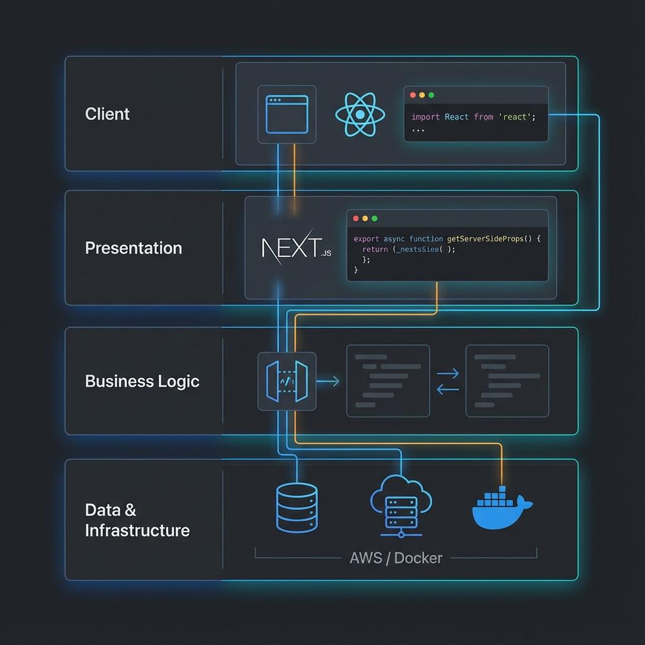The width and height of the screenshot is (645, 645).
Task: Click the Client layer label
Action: coord(107,114)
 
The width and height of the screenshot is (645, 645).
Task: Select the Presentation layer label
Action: coord(134,248)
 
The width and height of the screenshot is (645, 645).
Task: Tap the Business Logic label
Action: coord(142,381)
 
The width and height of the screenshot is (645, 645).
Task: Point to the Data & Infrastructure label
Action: coord(137,520)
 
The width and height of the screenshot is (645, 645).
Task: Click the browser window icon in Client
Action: coord(287,115)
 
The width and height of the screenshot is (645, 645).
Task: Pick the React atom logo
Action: coord(359,115)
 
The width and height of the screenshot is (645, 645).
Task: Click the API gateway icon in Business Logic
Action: coord(287,381)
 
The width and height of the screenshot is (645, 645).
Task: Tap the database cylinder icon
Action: coord(297,508)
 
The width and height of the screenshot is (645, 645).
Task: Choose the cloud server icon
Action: coord(401,506)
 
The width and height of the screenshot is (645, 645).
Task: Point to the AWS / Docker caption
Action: coord(396,558)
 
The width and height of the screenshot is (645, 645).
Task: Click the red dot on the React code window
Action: coord(413,95)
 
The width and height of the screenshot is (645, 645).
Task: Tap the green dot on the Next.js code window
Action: coord(374,219)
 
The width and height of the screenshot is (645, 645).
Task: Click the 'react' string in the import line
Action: coord(515,117)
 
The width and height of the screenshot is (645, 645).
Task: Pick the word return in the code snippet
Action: coord(375,249)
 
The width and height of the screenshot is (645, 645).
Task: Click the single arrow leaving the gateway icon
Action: coord(328,381)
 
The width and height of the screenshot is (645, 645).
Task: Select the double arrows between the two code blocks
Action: coord(448,382)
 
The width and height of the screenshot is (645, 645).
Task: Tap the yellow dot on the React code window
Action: coord(422,95)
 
